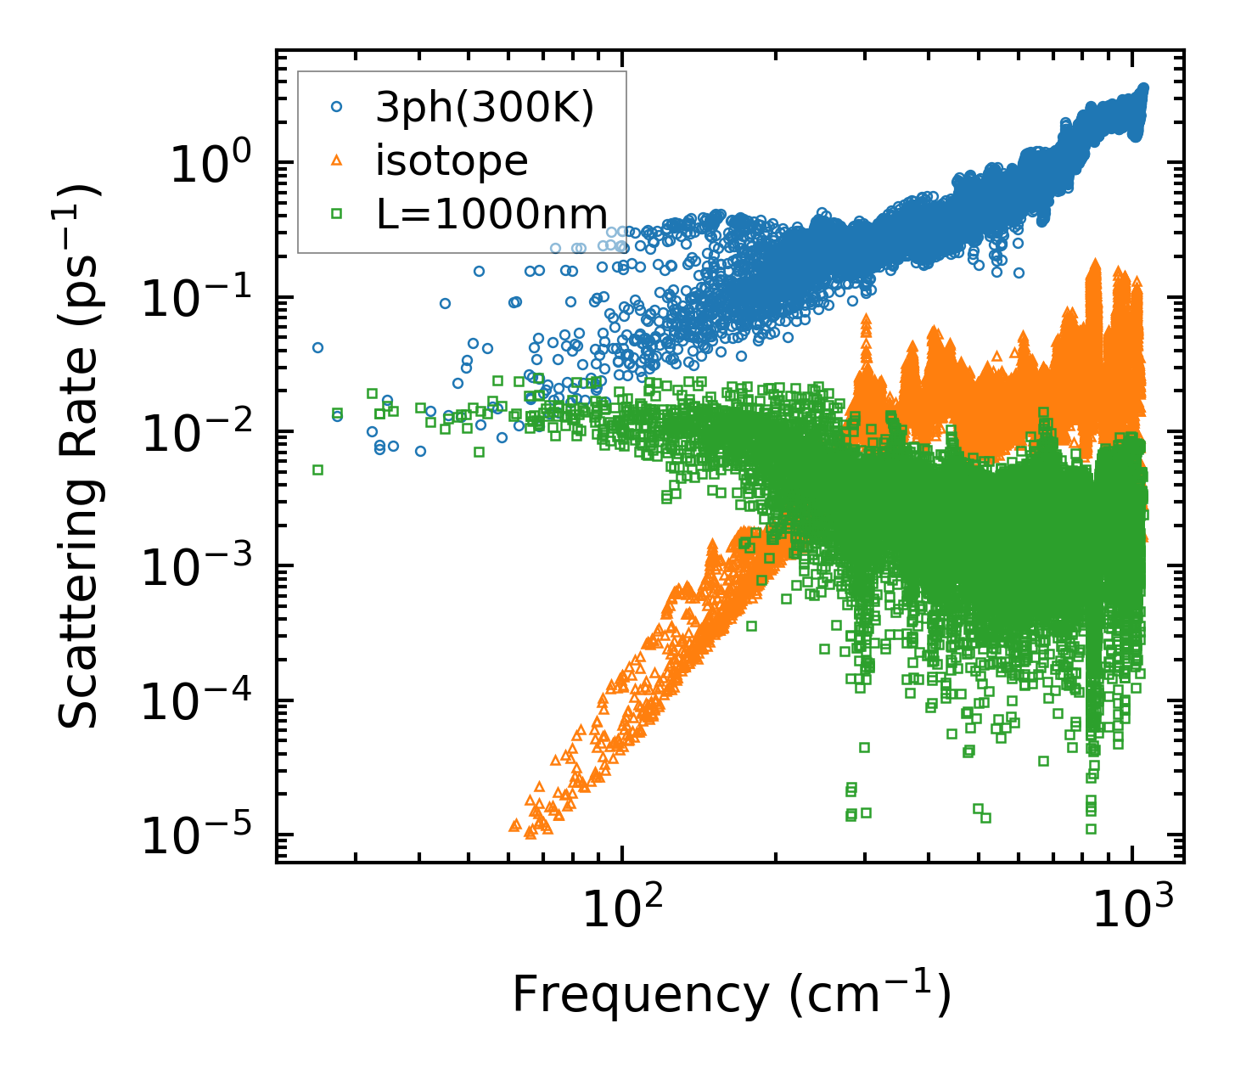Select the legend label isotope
pyautogui.click(x=452, y=161)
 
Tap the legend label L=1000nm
pyautogui.click(x=492, y=215)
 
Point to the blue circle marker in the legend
pyautogui.click(x=336, y=107)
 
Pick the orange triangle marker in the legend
pyautogui.click(x=336, y=160)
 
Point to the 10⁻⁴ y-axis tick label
pyautogui.click(x=194, y=700)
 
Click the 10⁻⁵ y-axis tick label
pyautogui.click(x=194, y=835)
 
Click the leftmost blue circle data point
pyautogui.click(x=318, y=347)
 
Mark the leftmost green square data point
pyautogui.click(x=318, y=470)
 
